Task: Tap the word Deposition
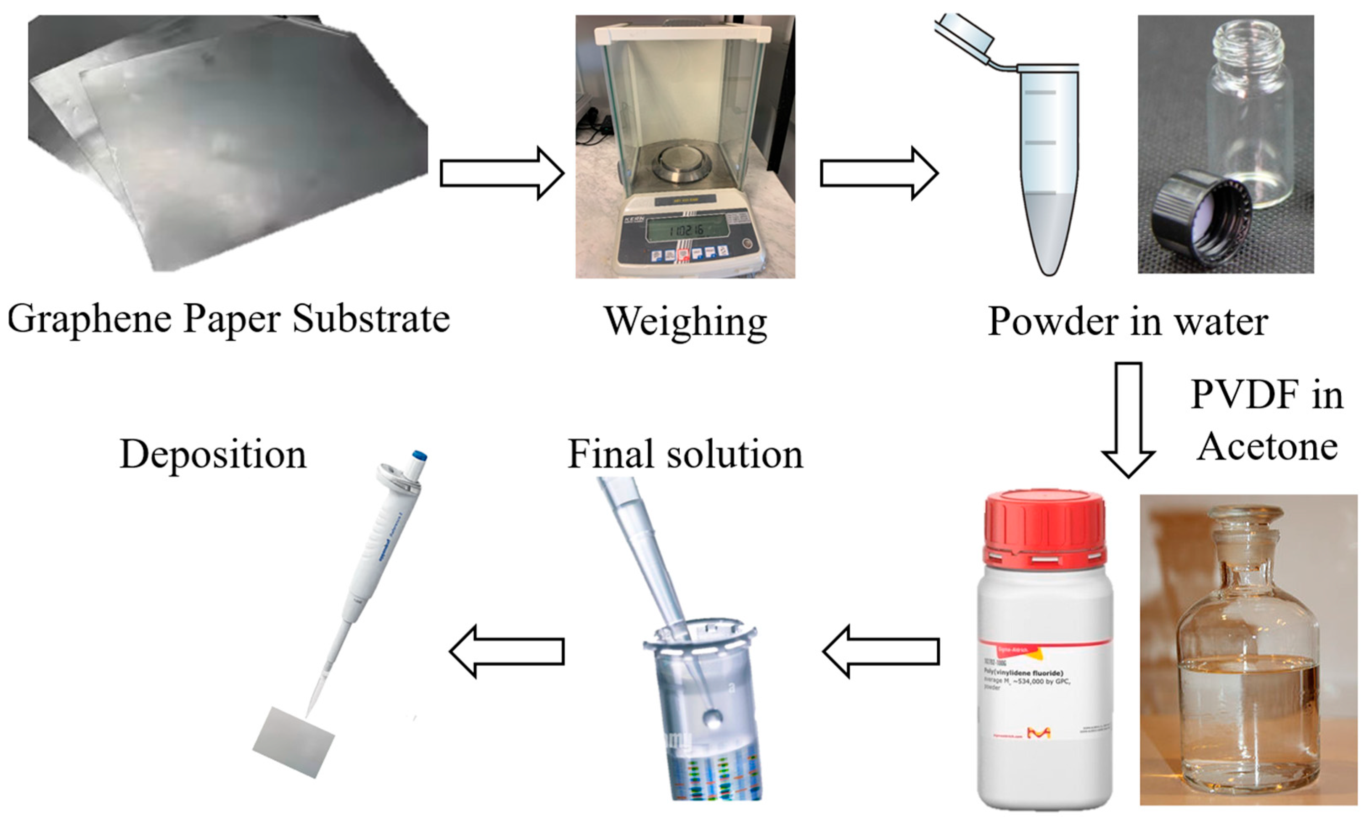213,455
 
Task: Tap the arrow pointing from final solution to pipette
507,651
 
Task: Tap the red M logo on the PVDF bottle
1039,733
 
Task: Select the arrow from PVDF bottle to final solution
881,651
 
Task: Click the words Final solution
685,455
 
